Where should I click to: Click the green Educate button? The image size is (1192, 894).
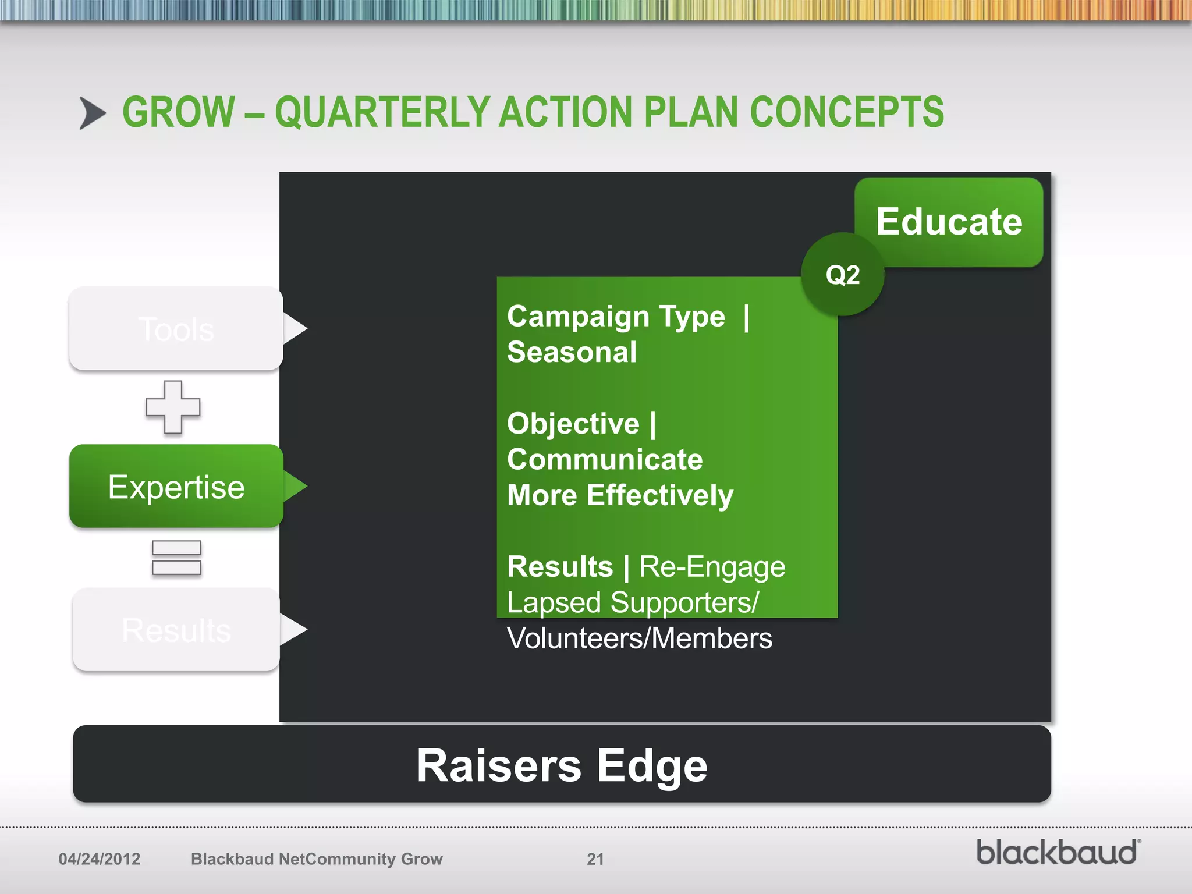pyautogui.click(x=949, y=222)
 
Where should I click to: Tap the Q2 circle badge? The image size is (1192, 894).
pyautogui.click(x=842, y=275)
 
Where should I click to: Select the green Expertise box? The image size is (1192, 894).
pyautogui.click(x=176, y=487)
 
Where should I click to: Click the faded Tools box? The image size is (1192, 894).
pyautogui.click(x=176, y=329)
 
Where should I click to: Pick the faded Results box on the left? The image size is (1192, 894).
pyautogui.click(x=176, y=630)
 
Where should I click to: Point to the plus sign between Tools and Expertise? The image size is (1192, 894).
pyautogui.click(x=173, y=407)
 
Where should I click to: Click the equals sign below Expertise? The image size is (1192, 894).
pyautogui.click(x=176, y=558)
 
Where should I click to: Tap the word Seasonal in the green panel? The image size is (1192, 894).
pyautogui.click(x=572, y=352)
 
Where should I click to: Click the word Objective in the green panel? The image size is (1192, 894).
pyautogui.click(x=573, y=423)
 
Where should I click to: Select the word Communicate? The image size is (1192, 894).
pyautogui.click(x=605, y=459)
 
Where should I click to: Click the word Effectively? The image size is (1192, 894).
pyautogui.click(x=659, y=495)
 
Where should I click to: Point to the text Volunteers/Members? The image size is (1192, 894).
pyautogui.click(x=639, y=638)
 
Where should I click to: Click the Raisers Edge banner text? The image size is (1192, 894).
pyautogui.click(x=562, y=765)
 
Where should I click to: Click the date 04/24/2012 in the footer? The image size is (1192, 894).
pyautogui.click(x=100, y=859)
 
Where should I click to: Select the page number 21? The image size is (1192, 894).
pyautogui.click(x=595, y=859)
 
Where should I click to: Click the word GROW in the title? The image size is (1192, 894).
pyautogui.click(x=178, y=112)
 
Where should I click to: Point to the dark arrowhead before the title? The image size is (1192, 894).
pyautogui.click(x=92, y=113)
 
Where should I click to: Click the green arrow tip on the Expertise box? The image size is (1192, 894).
pyautogui.click(x=295, y=487)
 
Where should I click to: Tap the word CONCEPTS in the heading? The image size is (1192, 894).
pyautogui.click(x=847, y=112)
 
